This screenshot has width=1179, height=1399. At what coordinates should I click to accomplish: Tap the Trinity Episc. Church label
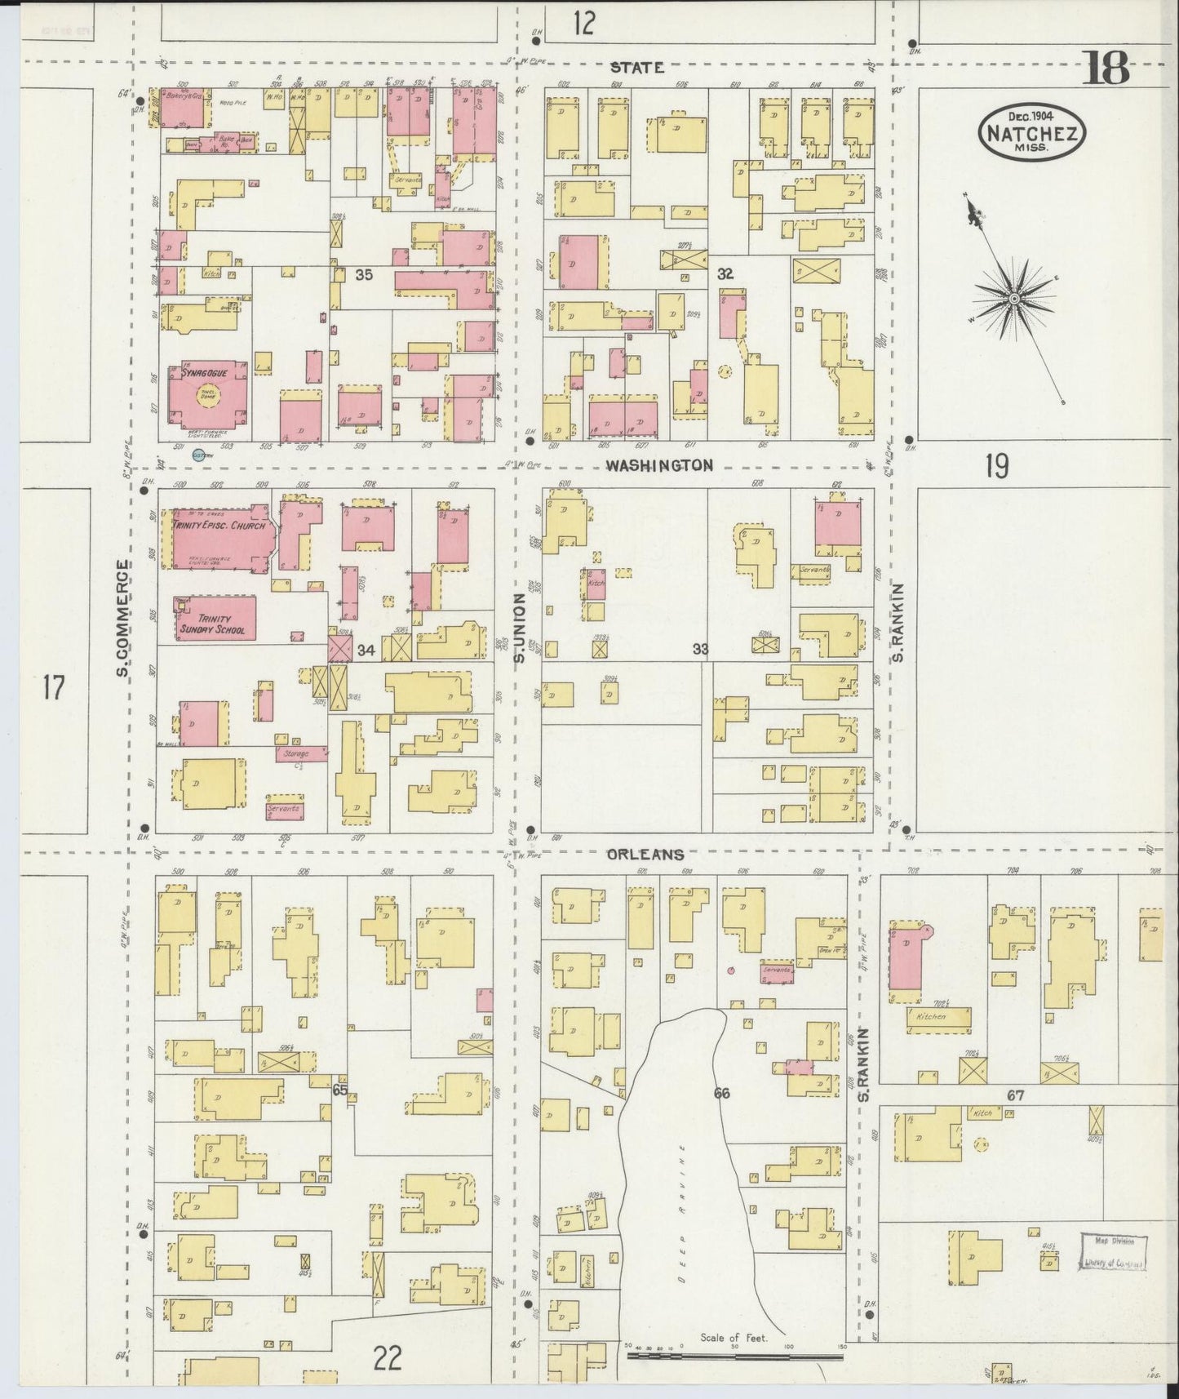pos(219,526)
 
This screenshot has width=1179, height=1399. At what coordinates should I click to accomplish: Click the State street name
pos(637,69)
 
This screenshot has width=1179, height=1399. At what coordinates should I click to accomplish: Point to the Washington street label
pos(659,465)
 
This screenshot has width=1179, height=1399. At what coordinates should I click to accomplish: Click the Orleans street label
pos(645,855)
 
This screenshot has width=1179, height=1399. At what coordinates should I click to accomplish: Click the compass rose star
pos(1013,300)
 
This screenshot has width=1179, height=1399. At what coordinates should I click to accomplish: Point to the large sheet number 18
pos(1106,69)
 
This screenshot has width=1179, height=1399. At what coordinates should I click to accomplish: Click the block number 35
pos(364,276)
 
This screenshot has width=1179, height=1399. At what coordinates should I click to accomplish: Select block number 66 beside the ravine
pos(721,1094)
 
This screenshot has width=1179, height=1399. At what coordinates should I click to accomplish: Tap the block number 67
pos(1014,1096)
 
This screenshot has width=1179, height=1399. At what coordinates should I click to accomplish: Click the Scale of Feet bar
pos(734,1356)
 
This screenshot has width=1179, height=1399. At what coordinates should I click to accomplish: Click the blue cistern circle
pos(197,455)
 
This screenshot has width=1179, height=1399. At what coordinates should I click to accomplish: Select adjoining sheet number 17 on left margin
pos(53,688)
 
